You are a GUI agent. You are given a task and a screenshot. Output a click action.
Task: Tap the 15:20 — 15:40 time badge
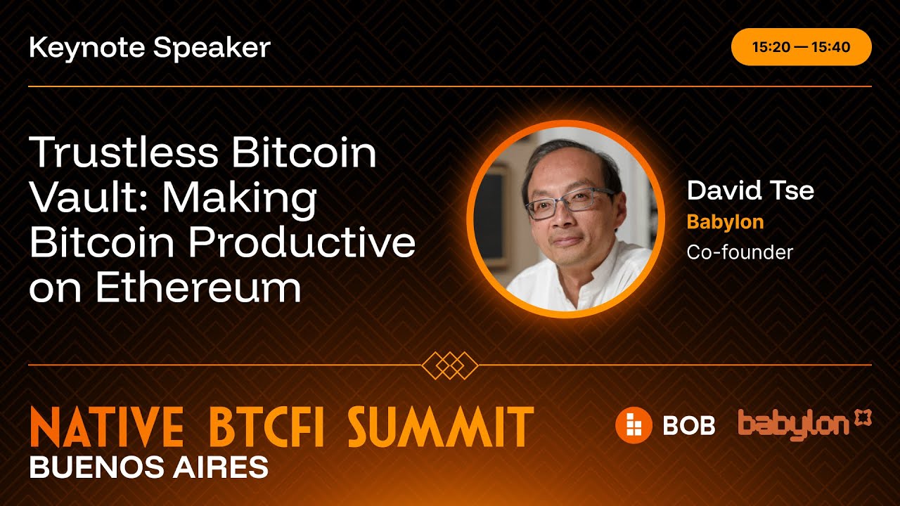pos(801,47)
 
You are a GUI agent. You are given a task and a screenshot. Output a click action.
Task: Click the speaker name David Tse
pos(750,190)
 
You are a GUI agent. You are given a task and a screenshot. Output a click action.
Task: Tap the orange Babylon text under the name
pos(725,222)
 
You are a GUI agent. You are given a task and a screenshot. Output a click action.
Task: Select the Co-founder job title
pos(740,252)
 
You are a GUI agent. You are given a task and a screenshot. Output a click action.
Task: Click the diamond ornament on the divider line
pos(450,365)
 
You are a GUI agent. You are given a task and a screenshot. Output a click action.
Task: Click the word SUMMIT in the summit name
pos(440,427)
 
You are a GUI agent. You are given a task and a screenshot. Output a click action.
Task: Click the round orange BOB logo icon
pos(634,425)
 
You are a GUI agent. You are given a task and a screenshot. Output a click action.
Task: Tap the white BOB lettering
pos(688,425)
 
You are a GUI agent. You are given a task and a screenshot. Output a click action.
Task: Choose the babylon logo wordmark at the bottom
pos(795,424)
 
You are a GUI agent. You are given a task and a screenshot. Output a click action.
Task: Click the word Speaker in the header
pos(212,48)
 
